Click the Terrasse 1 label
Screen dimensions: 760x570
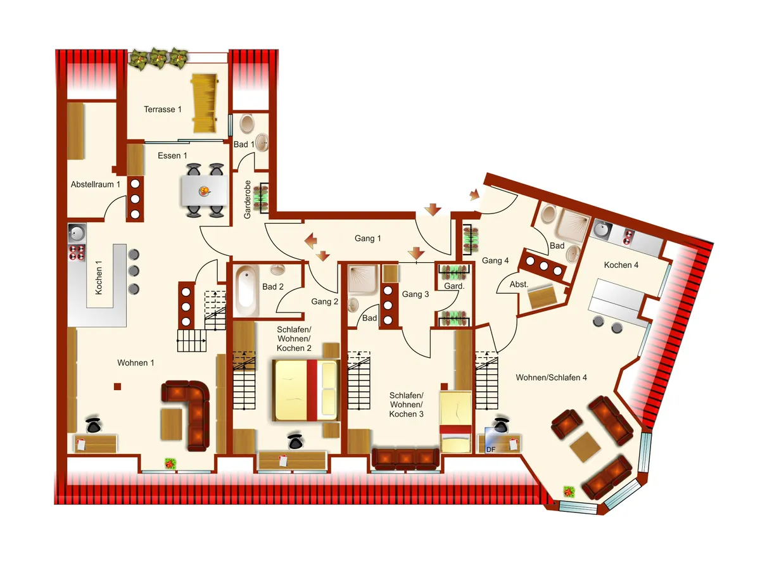pyautogui.click(x=162, y=110)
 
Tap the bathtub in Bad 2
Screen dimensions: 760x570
pyautogui.click(x=246, y=291)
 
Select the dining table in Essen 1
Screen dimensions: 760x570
pyautogui.click(x=205, y=191)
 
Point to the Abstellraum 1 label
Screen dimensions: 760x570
pyautogui.click(x=95, y=184)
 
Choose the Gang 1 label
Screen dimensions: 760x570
pyautogui.click(x=368, y=239)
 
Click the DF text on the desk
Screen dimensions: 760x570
pyautogui.click(x=491, y=449)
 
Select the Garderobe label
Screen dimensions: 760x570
pyautogui.click(x=247, y=199)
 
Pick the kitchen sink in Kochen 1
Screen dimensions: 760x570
pyautogui.click(x=77, y=232)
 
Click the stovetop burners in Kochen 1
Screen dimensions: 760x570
pyautogui.click(x=77, y=252)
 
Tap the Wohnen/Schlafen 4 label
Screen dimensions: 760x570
pyautogui.click(x=551, y=377)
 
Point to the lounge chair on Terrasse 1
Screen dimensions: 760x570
pyautogui.click(x=205, y=103)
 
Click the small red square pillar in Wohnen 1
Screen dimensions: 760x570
pyautogui.click(x=117, y=386)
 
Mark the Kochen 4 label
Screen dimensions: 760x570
pyautogui.click(x=621, y=265)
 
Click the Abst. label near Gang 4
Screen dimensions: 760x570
pyautogui.click(x=519, y=284)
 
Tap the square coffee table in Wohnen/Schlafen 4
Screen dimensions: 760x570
pyautogui.click(x=585, y=447)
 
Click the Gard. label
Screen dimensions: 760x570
pyautogui.click(x=454, y=286)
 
